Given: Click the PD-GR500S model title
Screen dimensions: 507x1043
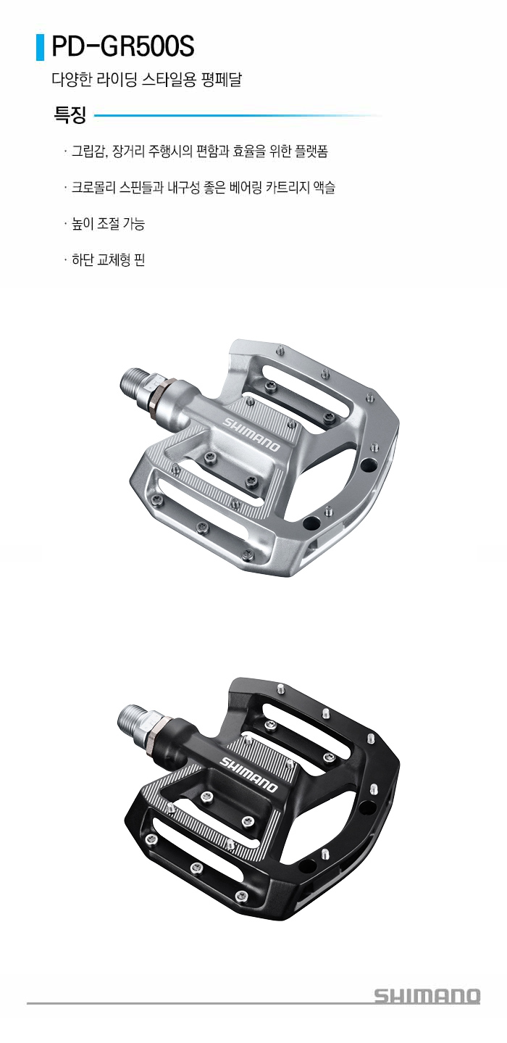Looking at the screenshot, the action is tap(123, 46).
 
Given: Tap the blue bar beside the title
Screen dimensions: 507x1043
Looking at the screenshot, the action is tap(40, 47).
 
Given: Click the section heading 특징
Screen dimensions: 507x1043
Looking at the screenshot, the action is tap(70, 115).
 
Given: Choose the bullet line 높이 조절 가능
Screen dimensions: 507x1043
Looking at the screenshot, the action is tap(108, 224).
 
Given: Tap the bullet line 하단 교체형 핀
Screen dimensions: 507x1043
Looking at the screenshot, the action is tap(108, 259).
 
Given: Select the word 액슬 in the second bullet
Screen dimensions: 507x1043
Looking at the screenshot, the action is tap(324, 188).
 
